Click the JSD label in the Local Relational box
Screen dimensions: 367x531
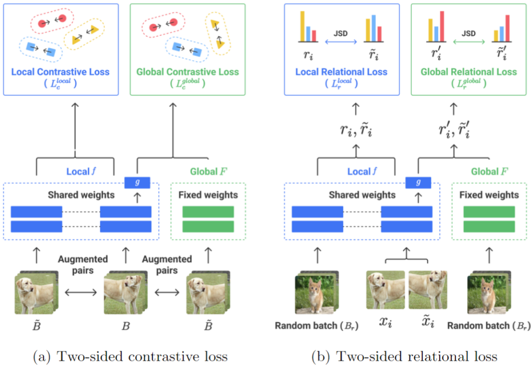[341, 33]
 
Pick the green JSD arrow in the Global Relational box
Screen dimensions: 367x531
[468, 41]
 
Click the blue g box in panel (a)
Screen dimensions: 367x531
[137, 182]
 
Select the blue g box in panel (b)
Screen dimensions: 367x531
[418, 182]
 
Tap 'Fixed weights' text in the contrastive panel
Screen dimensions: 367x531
[208, 195]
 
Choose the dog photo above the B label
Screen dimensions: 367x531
[124, 294]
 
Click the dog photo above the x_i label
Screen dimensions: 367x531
[386, 290]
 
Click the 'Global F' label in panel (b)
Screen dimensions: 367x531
[489, 171]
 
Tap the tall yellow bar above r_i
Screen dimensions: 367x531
[302, 26]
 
